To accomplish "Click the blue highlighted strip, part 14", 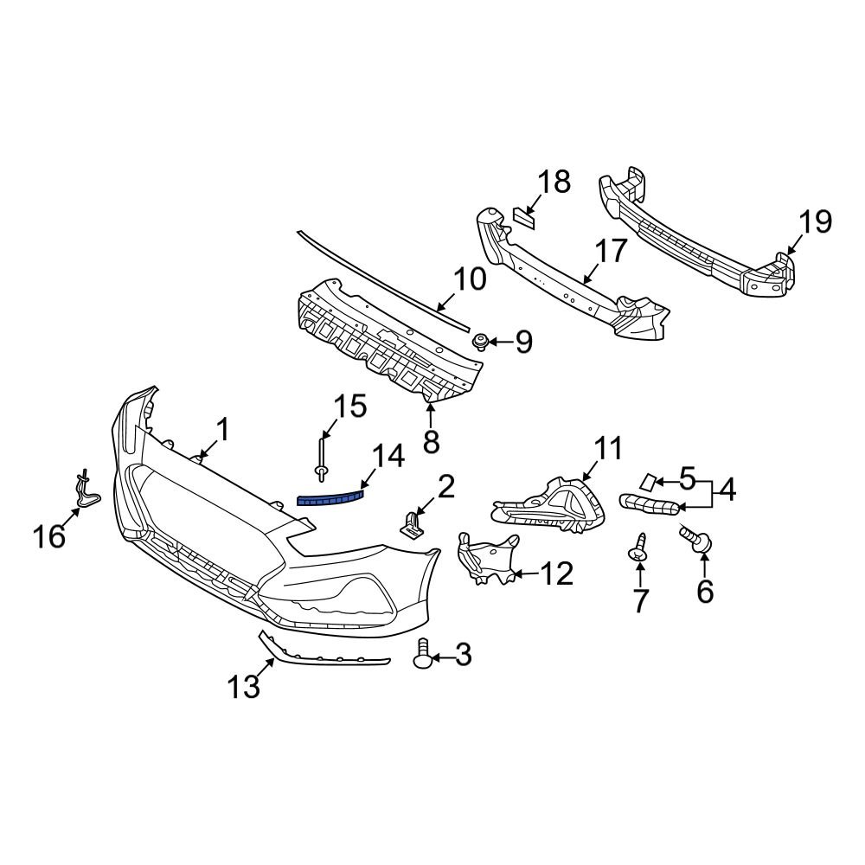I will tap(331, 497).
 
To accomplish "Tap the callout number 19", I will tap(814, 222).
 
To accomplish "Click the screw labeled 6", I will tap(698, 542).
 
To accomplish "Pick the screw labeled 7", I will tap(638, 548).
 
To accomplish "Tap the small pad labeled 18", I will tap(523, 215).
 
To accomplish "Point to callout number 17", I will tap(610, 251).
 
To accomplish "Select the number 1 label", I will tap(222, 428).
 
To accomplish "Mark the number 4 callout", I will tap(726, 490).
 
